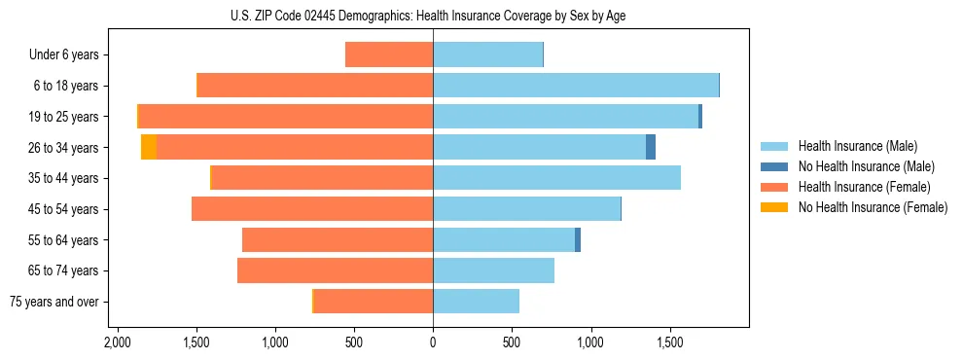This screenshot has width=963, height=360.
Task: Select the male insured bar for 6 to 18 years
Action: click(x=575, y=86)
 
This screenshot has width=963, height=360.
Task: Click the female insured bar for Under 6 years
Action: click(x=389, y=54)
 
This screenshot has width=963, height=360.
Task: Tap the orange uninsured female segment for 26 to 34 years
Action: click(x=148, y=147)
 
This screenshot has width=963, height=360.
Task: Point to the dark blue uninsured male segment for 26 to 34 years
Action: click(x=651, y=147)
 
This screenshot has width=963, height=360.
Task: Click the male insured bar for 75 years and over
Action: click(x=476, y=302)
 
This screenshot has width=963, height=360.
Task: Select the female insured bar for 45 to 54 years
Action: click(x=312, y=209)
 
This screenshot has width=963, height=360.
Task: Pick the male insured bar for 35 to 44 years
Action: click(x=556, y=178)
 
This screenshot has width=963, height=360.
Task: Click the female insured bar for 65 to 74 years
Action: click(x=335, y=270)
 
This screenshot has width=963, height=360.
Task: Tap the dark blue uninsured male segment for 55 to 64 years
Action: click(x=578, y=240)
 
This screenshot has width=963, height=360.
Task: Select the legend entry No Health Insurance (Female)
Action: click(x=873, y=207)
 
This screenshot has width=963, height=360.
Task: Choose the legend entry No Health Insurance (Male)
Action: click(x=866, y=166)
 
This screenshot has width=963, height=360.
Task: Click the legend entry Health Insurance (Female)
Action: click(x=864, y=187)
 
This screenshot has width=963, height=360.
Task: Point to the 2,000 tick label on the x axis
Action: click(x=117, y=343)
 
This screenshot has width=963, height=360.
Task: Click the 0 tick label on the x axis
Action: click(x=433, y=343)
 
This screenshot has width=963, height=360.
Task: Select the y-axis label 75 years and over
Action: click(x=54, y=302)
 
